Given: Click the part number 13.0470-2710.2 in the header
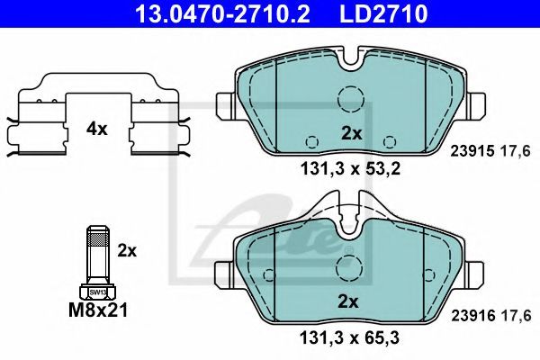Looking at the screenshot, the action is (x=222, y=13).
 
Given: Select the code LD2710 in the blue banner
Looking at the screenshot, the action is (x=383, y=13).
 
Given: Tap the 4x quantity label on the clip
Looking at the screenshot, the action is (x=97, y=130).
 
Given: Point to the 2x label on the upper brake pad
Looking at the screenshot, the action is (x=352, y=133).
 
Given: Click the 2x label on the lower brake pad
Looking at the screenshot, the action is (x=347, y=301).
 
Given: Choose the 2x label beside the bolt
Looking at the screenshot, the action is (x=127, y=250).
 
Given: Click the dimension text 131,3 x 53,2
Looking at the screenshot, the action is (x=351, y=169).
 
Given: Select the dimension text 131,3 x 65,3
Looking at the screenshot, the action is (x=350, y=337).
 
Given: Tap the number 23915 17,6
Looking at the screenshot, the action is (x=490, y=151).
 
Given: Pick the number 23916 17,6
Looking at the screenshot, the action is (x=491, y=316).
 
